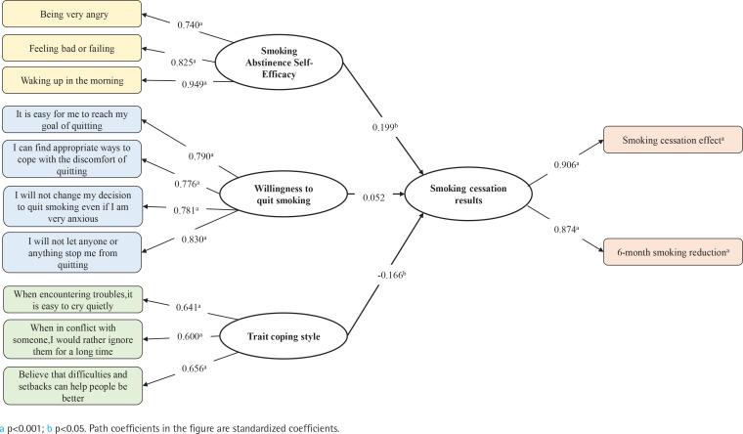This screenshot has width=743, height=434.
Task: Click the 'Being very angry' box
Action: (x=72, y=16)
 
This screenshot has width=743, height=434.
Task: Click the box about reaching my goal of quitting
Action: (x=72, y=119)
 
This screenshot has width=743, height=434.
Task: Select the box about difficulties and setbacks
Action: (x=72, y=384)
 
